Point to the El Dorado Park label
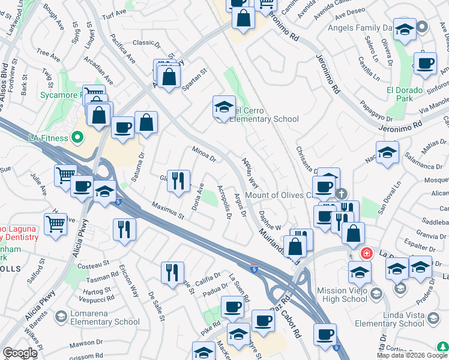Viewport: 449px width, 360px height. pyautogui.click(x=405, y=94)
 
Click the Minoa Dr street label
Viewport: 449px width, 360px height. pyautogui.click(x=204, y=155)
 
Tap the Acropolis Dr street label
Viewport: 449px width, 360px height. pyautogui.click(x=224, y=202)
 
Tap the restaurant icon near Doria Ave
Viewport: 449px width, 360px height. pyautogui.click(x=178, y=181)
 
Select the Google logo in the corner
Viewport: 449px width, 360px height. pyautogui.click(x=20, y=353)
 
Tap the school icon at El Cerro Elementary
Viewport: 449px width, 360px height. pyautogui.click(x=224, y=108)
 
